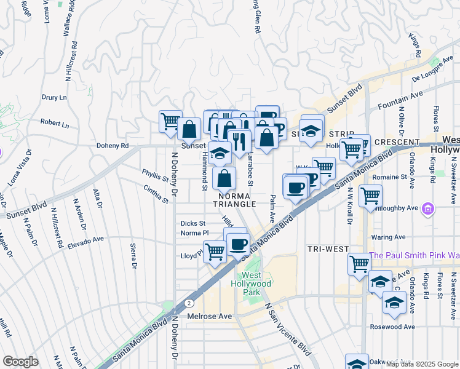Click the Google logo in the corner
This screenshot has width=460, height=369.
click(x=20, y=362)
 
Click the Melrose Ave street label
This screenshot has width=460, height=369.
click(x=210, y=316)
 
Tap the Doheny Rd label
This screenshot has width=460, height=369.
click(x=113, y=146)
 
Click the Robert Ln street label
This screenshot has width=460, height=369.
click(x=55, y=124)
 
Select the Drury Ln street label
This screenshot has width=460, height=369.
click(x=54, y=97)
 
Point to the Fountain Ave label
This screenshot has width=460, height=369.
click(x=401, y=98)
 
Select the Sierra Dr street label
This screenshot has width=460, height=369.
click(x=133, y=256)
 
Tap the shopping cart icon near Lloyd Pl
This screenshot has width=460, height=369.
click(x=214, y=251)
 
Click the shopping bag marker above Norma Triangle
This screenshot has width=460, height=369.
click(x=225, y=178)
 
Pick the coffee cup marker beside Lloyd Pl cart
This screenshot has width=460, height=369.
click(x=237, y=244)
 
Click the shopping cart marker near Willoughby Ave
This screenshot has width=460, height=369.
click(x=370, y=196)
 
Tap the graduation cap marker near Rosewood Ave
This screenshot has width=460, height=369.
click(x=394, y=303)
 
